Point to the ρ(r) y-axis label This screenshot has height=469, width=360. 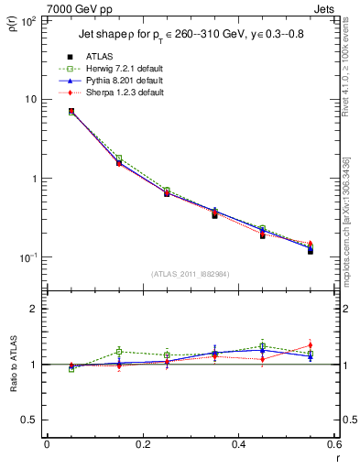(14, 25)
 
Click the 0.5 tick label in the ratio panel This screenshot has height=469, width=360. (29, 420)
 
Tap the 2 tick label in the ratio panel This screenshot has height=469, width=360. (34, 310)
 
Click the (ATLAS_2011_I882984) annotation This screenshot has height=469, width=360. (190, 274)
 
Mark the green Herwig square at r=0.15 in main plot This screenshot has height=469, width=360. (119, 158)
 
